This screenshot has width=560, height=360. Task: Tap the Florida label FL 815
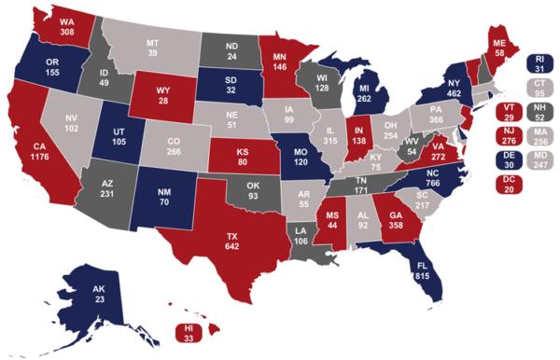[x=424, y=270]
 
